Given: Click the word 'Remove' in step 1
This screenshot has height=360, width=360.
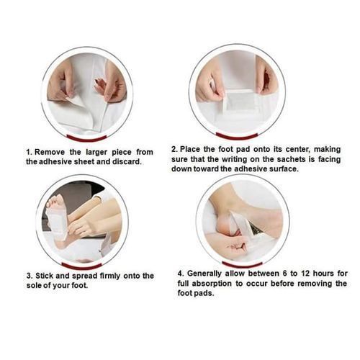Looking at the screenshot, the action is pyautogui.click(x=50, y=152).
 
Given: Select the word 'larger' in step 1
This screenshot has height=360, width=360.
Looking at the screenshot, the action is pyautogui.click(x=96, y=153).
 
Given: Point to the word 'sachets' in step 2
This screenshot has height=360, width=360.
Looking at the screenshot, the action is pyautogui.click(x=292, y=159).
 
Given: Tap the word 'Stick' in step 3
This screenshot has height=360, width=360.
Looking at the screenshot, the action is pyautogui.click(x=45, y=276).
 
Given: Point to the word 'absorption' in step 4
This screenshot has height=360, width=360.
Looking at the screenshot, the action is pyautogui.click(x=212, y=284).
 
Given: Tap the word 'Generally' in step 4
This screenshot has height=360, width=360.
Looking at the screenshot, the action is pyautogui.click(x=204, y=274).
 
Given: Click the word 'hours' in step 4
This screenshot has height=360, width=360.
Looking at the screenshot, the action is pyautogui.click(x=323, y=274).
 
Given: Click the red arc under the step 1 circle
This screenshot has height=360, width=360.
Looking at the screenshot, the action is pyautogui.click(x=86, y=139).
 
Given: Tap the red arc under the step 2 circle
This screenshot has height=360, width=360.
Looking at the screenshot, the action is pyautogui.click(x=237, y=137).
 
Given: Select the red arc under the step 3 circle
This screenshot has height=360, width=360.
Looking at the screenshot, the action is pyautogui.click(x=81, y=266).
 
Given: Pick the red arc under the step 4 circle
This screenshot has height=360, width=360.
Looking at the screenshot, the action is pyautogui.click(x=243, y=265).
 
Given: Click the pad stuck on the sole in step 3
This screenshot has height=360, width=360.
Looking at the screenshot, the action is pyautogui.click(x=58, y=223).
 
